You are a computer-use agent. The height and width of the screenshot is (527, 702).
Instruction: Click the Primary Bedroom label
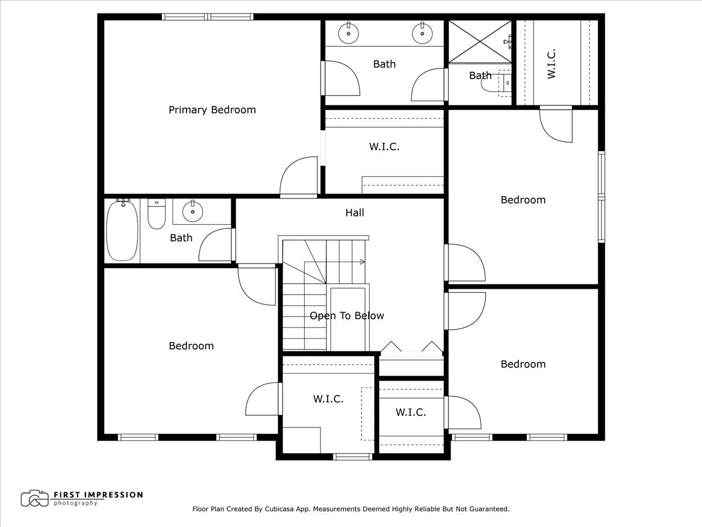click(x=212, y=109)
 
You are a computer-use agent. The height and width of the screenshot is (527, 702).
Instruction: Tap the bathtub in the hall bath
click(x=122, y=230)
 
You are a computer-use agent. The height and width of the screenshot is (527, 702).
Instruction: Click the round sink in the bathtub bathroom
click(x=192, y=210)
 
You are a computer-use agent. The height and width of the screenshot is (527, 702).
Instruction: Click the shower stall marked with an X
click(x=480, y=41)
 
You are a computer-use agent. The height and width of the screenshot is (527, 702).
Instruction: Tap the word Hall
click(x=355, y=213)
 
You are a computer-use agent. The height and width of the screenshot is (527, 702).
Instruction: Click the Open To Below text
click(x=347, y=316)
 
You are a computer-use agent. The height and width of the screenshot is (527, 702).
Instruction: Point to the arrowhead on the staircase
click(x=362, y=262)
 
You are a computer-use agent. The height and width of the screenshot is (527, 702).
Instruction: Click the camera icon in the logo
click(x=35, y=498)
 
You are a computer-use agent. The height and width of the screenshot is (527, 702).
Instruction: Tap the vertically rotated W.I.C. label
click(x=551, y=63)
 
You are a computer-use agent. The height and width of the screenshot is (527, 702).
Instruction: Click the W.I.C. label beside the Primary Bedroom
click(x=384, y=147)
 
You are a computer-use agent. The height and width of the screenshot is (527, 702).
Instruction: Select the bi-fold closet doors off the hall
click(x=411, y=348)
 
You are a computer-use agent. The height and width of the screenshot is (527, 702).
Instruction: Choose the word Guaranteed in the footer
click(x=487, y=509)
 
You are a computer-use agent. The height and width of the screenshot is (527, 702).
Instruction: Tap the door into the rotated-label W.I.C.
click(x=556, y=124)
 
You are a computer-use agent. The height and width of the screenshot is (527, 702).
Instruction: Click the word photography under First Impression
click(x=75, y=503)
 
